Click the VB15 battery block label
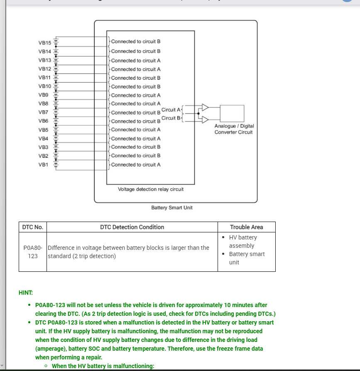[44, 43]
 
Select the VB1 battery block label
[44, 165]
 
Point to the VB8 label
[44, 104]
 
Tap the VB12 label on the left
[44, 69]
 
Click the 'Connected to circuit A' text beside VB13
[135, 60]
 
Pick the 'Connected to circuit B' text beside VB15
[135, 41]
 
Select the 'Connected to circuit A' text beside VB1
[135, 165]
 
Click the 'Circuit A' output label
[171, 110]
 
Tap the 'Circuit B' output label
[171, 118]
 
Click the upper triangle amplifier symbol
[205, 107]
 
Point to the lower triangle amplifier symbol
[205, 120]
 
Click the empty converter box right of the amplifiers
[232, 113]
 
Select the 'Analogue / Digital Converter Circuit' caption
[234, 129]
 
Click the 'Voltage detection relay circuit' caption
[151, 189]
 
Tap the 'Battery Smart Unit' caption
[172, 207]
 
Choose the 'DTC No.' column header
[33, 227]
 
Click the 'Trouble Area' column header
[246, 227]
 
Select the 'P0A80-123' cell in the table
[33, 252]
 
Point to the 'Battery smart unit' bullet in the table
[247, 258]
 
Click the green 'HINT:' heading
[26, 293]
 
